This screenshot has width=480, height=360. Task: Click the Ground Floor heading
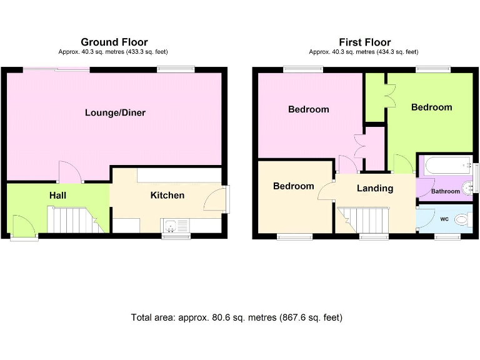coord(114,42)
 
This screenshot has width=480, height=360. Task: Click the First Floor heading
coord(364,42)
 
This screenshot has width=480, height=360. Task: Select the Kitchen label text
coord(167,196)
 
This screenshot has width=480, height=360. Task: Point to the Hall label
coord(58,196)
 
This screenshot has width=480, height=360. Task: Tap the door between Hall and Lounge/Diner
coord(69,172)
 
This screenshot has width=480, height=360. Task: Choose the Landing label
coord(375,188)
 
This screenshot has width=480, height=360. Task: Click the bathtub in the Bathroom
coord(446,166)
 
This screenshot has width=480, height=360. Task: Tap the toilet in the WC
coord(461,220)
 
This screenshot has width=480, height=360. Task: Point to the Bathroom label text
coord(444,191)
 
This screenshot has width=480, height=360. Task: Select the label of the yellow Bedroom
coord(293,186)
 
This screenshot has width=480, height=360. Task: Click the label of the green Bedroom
coord(431,107)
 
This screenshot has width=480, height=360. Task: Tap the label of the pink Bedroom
coord(308,109)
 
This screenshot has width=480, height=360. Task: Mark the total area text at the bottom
coord(237,317)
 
